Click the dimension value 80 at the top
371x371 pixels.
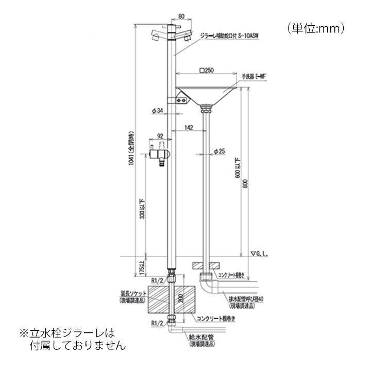180,16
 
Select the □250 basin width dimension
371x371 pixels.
207,71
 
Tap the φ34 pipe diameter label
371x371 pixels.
158,110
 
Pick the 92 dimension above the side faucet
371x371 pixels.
160,137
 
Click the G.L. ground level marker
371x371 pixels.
260,254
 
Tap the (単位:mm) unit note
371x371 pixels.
315,28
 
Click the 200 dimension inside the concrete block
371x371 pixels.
180,299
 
